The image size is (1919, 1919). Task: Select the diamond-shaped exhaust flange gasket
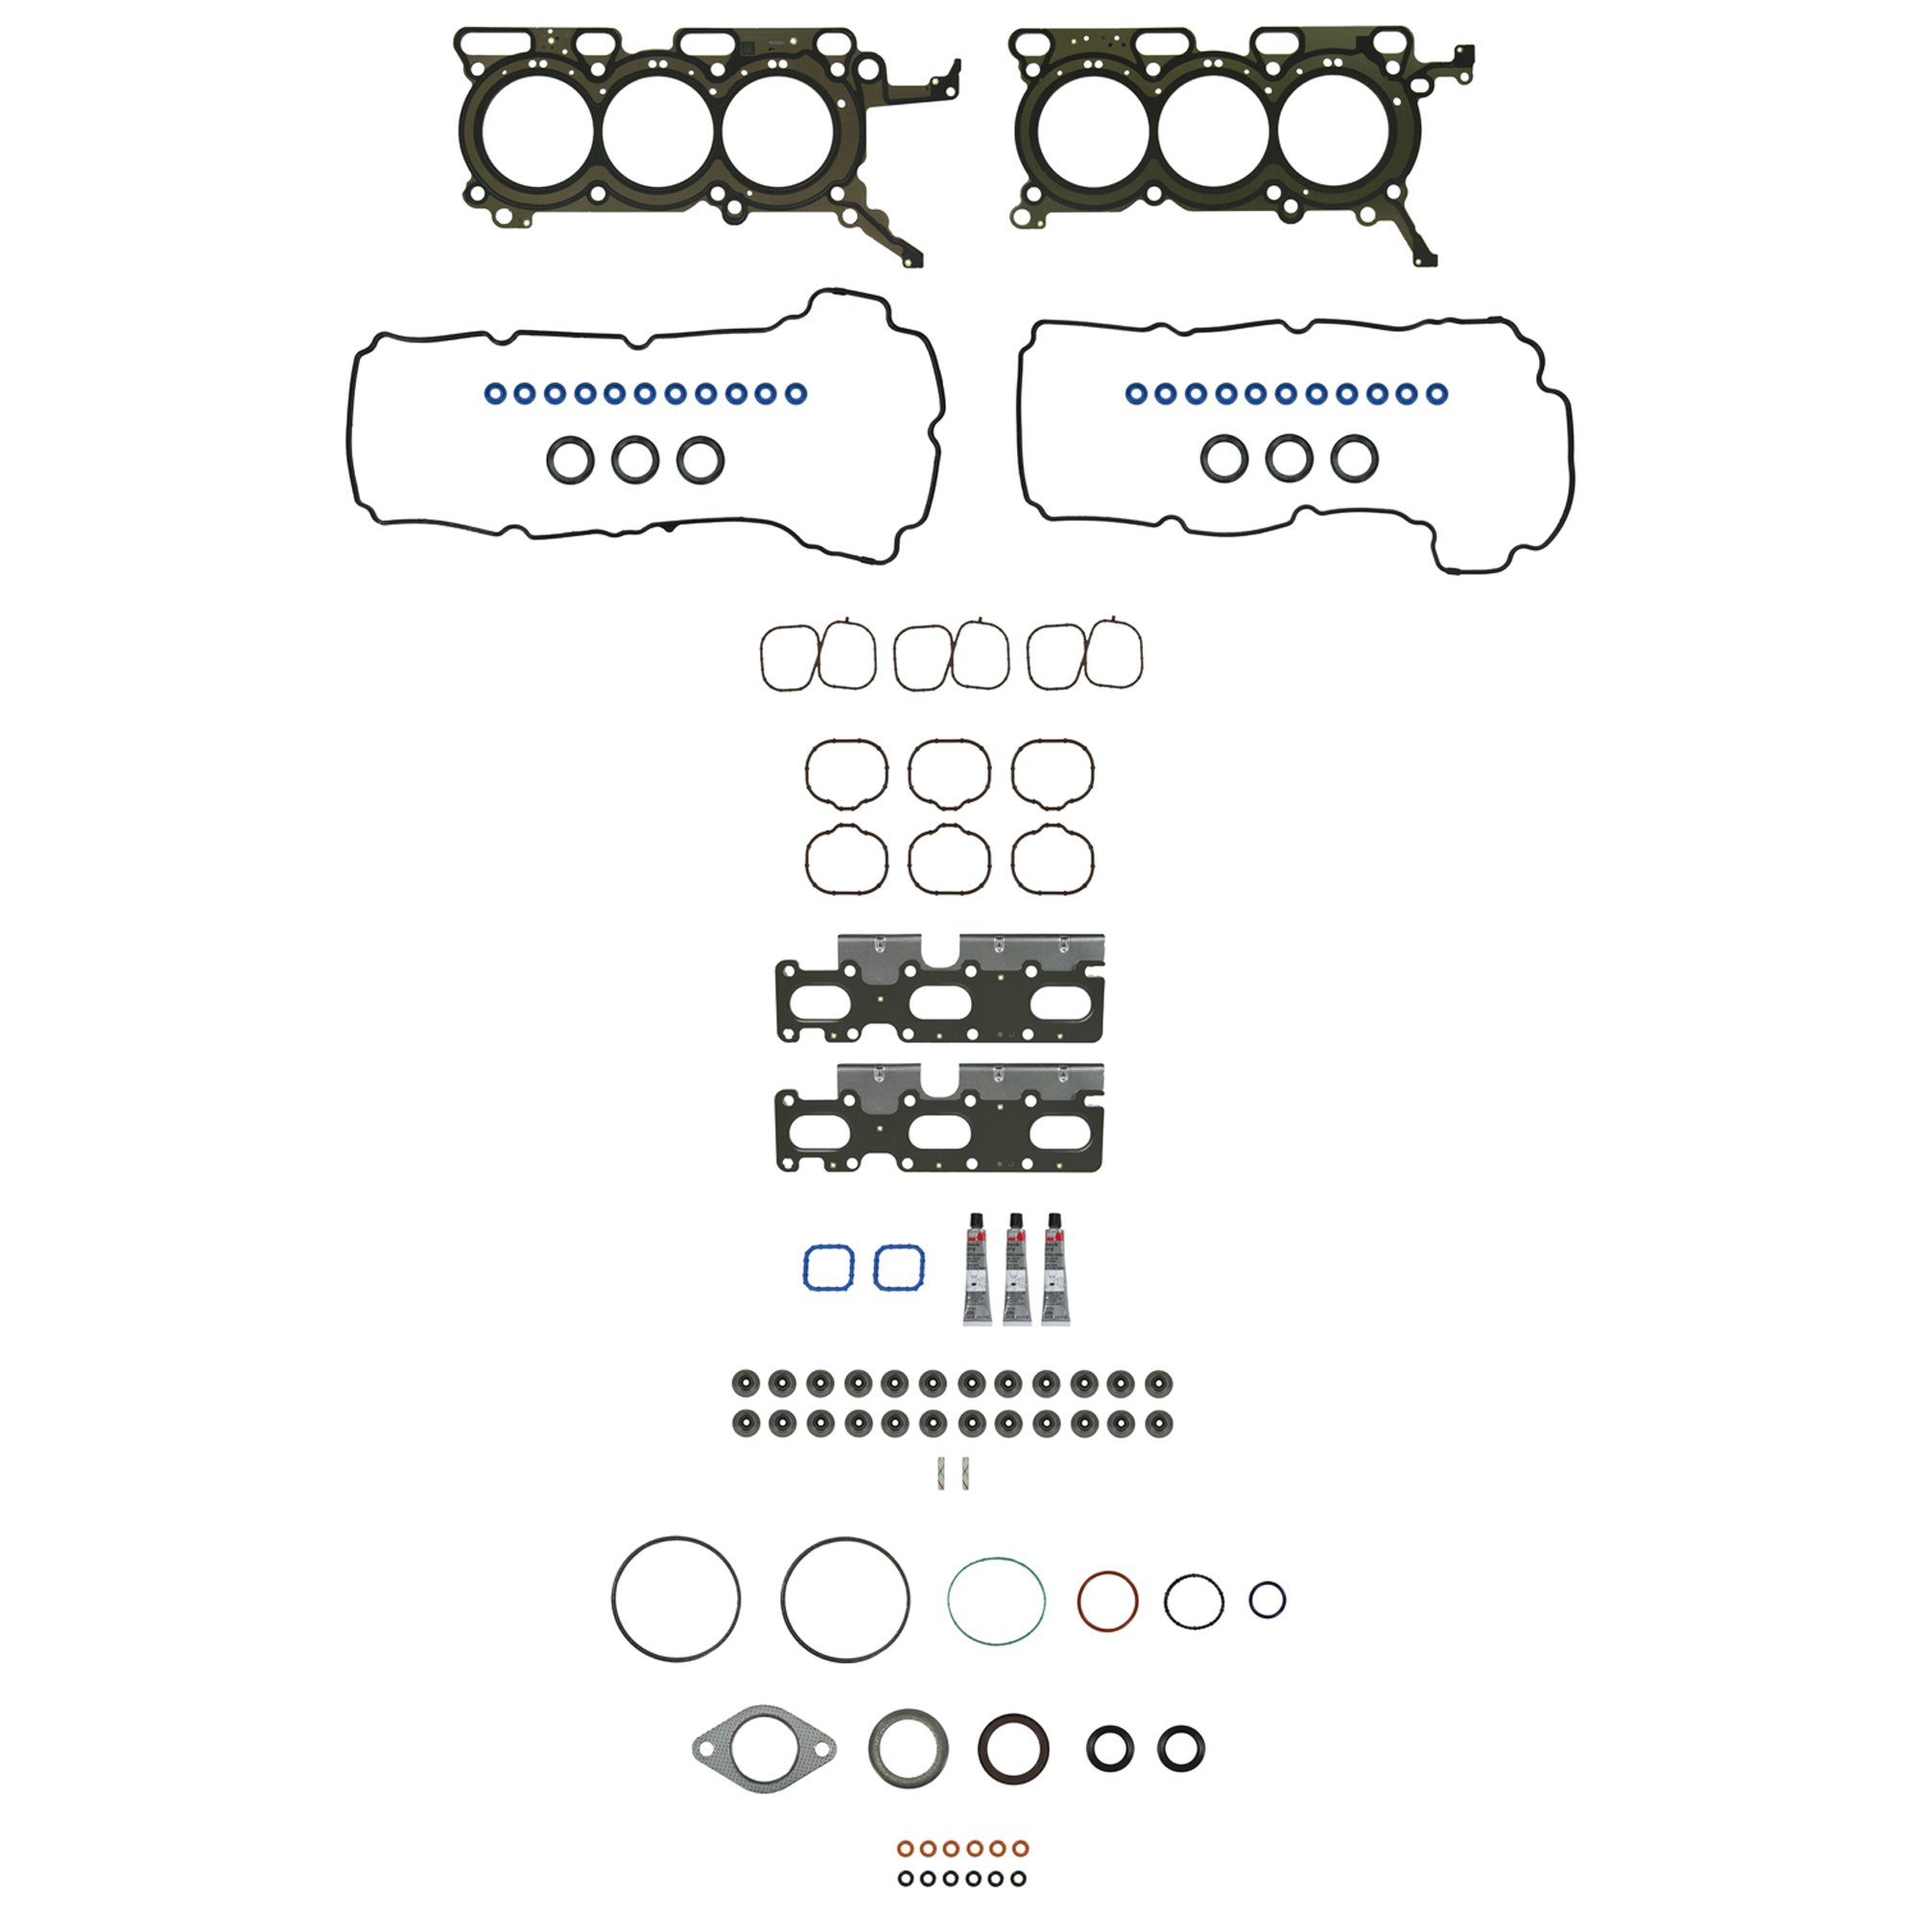764,1749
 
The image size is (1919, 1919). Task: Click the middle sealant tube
1015,1268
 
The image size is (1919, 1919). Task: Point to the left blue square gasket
828,1267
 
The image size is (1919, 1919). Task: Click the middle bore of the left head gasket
657,130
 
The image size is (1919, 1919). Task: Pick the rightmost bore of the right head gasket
1334,130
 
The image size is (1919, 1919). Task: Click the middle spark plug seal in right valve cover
1289,459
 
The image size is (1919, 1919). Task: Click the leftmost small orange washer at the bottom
905,1847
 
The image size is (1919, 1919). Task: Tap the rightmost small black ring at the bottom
1018,1879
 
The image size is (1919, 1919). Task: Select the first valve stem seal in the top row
745,1383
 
